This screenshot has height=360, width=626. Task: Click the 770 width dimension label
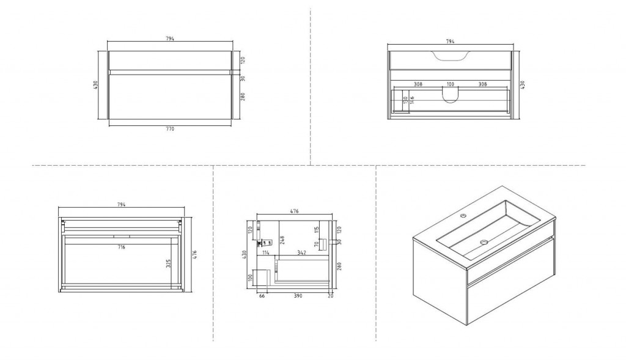pos(170,129)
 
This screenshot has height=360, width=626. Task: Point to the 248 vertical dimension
pos(282,240)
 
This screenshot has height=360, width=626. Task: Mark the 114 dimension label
pos(266,251)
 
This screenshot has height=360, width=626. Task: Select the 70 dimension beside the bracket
pos(316,244)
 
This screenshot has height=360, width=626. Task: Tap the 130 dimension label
pos(405,100)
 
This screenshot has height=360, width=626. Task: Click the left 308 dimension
pos(418,84)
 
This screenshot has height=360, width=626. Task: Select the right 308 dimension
pos(482,84)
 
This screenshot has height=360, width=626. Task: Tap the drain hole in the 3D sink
pos(485,242)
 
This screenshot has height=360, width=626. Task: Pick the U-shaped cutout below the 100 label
pos(450,95)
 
